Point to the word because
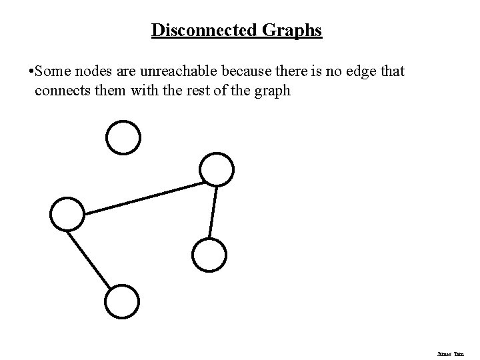[x=234, y=70]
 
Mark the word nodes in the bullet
[x=87, y=70]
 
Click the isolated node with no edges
[x=123, y=137]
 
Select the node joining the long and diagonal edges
[x=67, y=214]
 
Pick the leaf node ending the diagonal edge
[x=123, y=301]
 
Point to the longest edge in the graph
[x=143, y=199]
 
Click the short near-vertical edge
[x=213, y=211]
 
